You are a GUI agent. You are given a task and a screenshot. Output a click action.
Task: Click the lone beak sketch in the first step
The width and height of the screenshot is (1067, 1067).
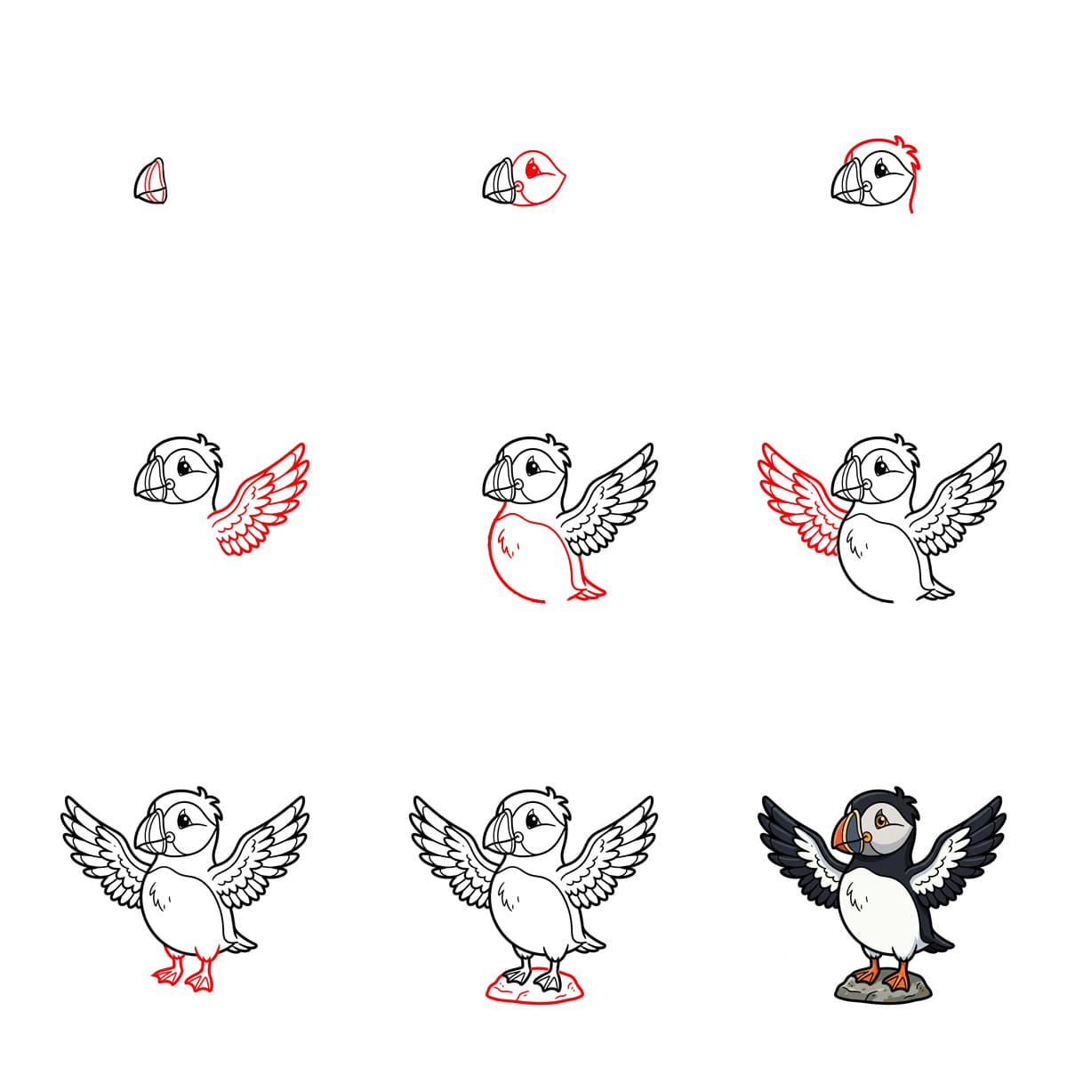[150, 182]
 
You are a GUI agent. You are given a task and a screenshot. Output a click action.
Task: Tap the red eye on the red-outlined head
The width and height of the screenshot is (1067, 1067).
[532, 166]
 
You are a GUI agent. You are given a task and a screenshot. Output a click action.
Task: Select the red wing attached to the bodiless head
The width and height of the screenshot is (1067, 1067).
[262, 502]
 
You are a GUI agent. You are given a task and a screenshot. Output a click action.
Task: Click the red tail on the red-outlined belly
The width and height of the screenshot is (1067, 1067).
[587, 590]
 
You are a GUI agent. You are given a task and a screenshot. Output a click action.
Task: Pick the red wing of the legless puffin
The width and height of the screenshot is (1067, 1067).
[800, 493]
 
